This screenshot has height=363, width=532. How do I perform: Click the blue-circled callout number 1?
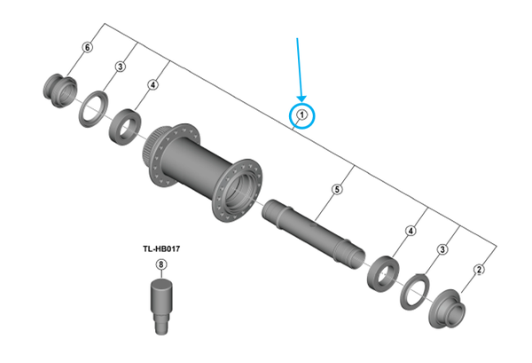coord(301,114)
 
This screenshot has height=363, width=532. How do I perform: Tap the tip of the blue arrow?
coord(301,100)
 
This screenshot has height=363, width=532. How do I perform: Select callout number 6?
coord(87,46)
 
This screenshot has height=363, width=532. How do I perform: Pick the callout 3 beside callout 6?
coord(120,67)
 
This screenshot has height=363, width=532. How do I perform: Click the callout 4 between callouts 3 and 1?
coord(153,85)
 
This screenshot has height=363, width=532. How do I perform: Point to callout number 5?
coord(337,188)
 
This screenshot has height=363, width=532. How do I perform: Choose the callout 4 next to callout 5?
coord(410,232)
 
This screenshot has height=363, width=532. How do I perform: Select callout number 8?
coord(160,264)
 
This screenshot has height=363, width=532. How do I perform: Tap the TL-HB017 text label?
coord(161,250)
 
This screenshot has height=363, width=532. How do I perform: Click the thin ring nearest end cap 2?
coord(414,289)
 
